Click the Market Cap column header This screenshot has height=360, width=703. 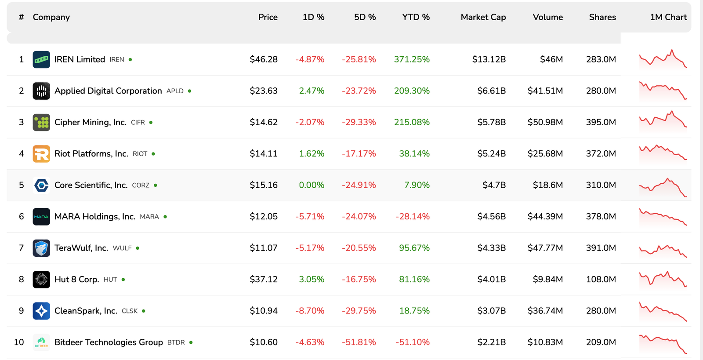(x=483, y=17)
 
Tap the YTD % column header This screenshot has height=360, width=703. (x=416, y=17)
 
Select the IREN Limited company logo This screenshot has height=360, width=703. (x=41, y=59)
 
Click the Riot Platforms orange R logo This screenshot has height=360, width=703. (x=41, y=154)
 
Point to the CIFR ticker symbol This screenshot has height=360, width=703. (x=138, y=123)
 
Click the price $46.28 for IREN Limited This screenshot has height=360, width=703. (x=264, y=59)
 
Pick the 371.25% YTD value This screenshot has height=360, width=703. (x=412, y=59)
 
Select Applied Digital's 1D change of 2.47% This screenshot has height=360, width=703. (x=312, y=91)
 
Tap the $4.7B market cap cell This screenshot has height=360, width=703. (x=494, y=185)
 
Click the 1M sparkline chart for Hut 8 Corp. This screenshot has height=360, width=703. (x=663, y=279)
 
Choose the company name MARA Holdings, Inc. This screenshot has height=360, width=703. (x=94, y=217)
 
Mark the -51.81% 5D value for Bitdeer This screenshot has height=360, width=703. (x=359, y=342)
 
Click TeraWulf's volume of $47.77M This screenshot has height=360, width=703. (x=545, y=248)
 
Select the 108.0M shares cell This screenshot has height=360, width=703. (x=601, y=279)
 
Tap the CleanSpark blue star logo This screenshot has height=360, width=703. (x=41, y=311)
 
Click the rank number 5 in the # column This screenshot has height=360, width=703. (x=21, y=185)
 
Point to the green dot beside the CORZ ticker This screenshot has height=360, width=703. (x=156, y=185)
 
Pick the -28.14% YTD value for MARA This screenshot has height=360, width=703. (x=412, y=217)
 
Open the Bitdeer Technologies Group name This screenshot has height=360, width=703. (x=109, y=342)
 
